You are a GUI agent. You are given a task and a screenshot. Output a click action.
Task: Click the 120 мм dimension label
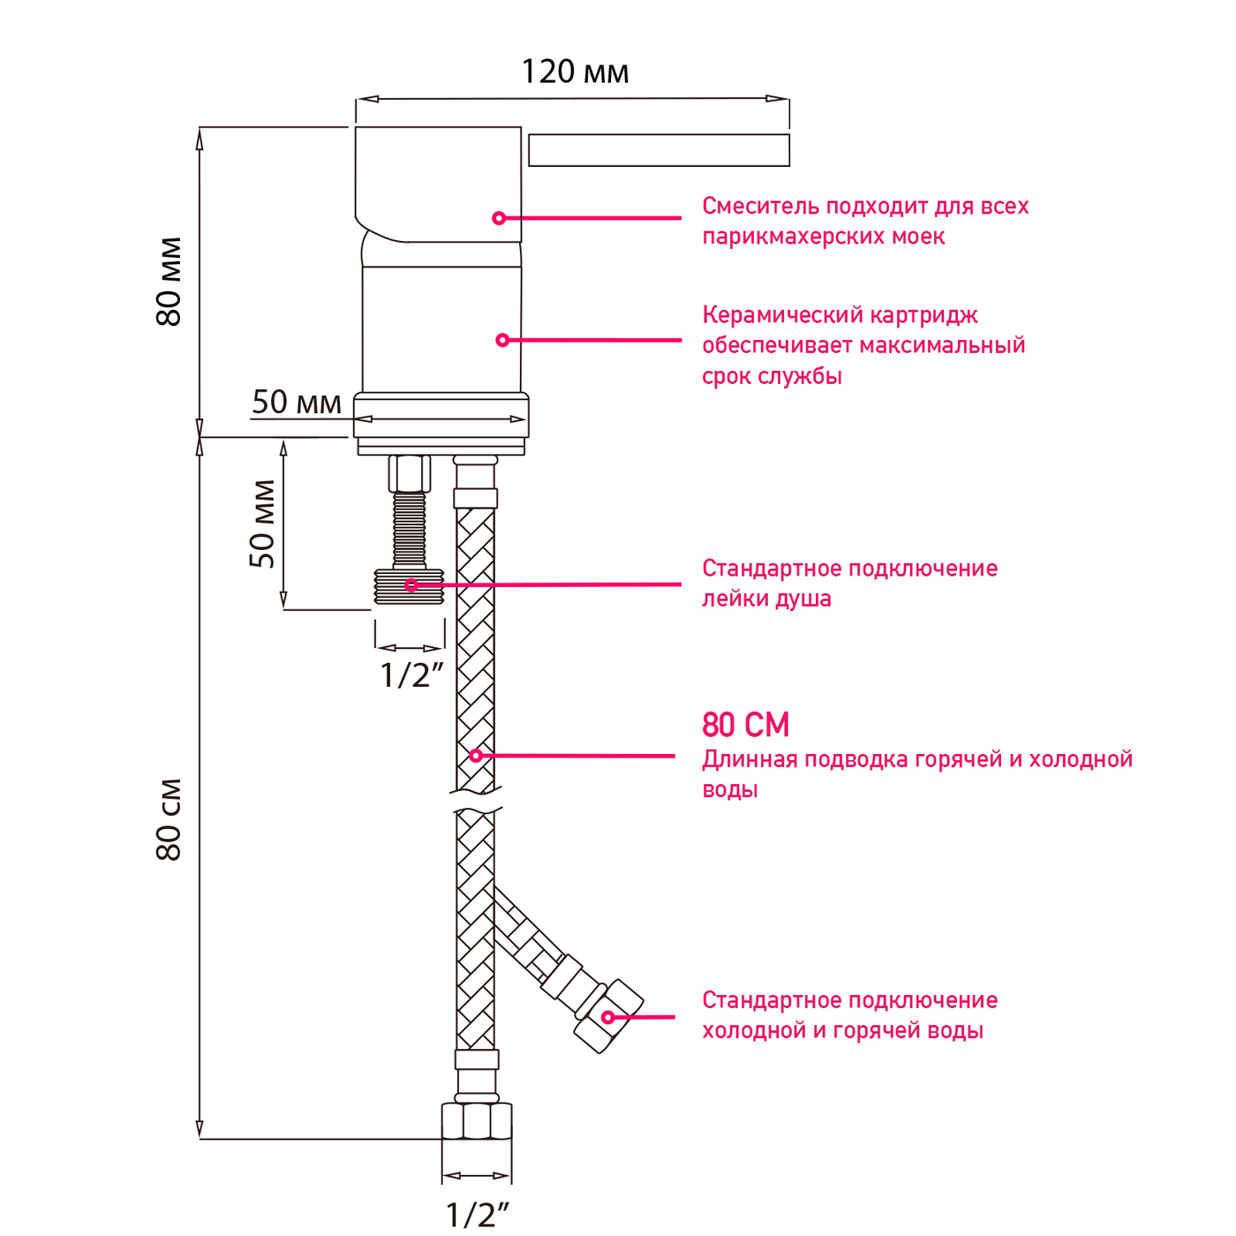point(575,72)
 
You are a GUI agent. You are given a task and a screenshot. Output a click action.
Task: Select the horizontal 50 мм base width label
point(297,403)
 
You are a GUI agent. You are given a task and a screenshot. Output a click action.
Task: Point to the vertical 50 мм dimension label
point(262,524)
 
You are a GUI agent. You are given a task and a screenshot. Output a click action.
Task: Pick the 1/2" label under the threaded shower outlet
point(411,675)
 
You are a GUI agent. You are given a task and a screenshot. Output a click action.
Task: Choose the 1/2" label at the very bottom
point(477,1215)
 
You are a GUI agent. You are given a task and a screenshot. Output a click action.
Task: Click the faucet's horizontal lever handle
point(659,150)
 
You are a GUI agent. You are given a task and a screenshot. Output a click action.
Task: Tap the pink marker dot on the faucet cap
point(499,218)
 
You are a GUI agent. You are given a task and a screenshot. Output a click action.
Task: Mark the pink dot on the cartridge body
point(502,340)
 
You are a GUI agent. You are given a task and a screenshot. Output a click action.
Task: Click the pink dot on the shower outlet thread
point(411,585)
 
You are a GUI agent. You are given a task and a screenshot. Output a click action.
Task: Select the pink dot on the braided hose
point(476,756)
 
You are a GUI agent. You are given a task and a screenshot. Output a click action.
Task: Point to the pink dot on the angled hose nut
point(607,1018)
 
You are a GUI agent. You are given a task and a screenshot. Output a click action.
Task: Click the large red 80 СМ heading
point(746,725)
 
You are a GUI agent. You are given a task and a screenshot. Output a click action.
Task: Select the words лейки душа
point(766,599)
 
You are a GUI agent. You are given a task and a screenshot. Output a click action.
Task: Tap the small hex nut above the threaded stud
point(410,474)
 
